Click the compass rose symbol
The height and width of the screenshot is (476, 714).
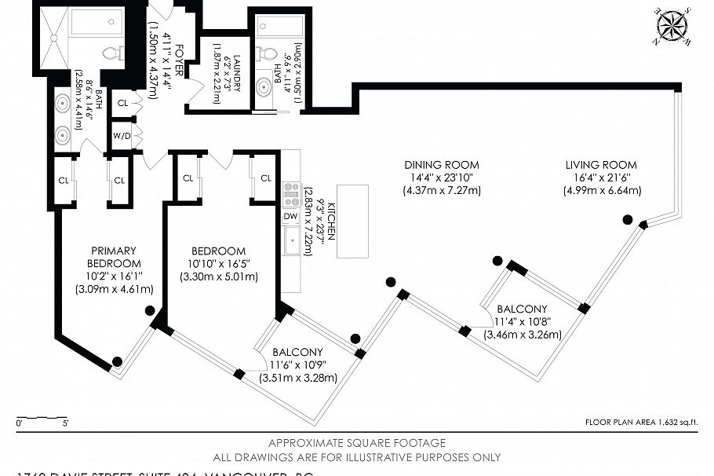click(x=669, y=26)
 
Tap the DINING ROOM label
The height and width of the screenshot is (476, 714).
click(x=441, y=165)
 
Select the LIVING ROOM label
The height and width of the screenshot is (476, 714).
click(x=601, y=165)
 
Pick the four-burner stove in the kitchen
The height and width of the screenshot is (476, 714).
click(x=291, y=193)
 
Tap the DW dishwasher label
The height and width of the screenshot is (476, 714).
click(x=290, y=216)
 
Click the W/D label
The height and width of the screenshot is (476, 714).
click(x=122, y=134)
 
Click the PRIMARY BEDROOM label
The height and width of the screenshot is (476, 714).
click(x=114, y=257)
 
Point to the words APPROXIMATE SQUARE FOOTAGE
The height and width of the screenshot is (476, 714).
click(x=357, y=443)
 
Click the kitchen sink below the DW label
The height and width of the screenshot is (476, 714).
click(x=291, y=242)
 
